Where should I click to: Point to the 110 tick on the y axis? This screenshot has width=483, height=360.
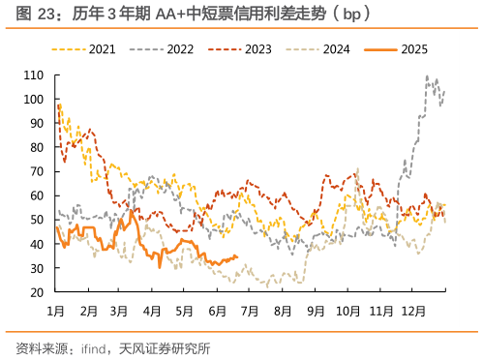click(37, 75)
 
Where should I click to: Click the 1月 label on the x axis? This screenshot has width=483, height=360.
click(56, 312)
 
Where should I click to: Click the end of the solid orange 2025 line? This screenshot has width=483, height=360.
click(237, 256)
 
